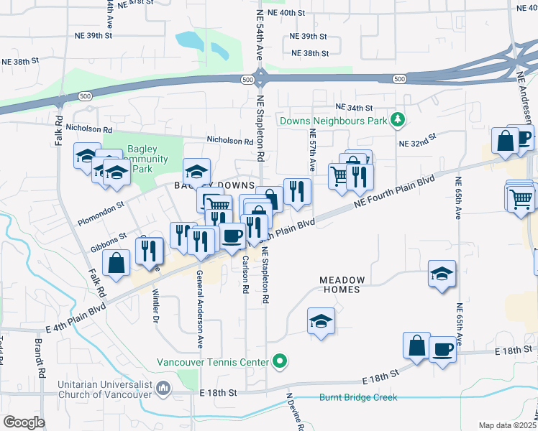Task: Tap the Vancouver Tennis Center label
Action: (x=213, y=361)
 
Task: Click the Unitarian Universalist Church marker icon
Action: (x=164, y=389)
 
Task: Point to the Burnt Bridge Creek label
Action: (x=357, y=397)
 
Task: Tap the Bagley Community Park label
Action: (x=147, y=159)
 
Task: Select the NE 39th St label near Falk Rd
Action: (x=96, y=34)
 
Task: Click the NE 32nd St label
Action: (x=418, y=140)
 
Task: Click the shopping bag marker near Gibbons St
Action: (x=117, y=263)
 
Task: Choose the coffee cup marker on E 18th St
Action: (x=442, y=350)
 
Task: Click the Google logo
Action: (x=24, y=422)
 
